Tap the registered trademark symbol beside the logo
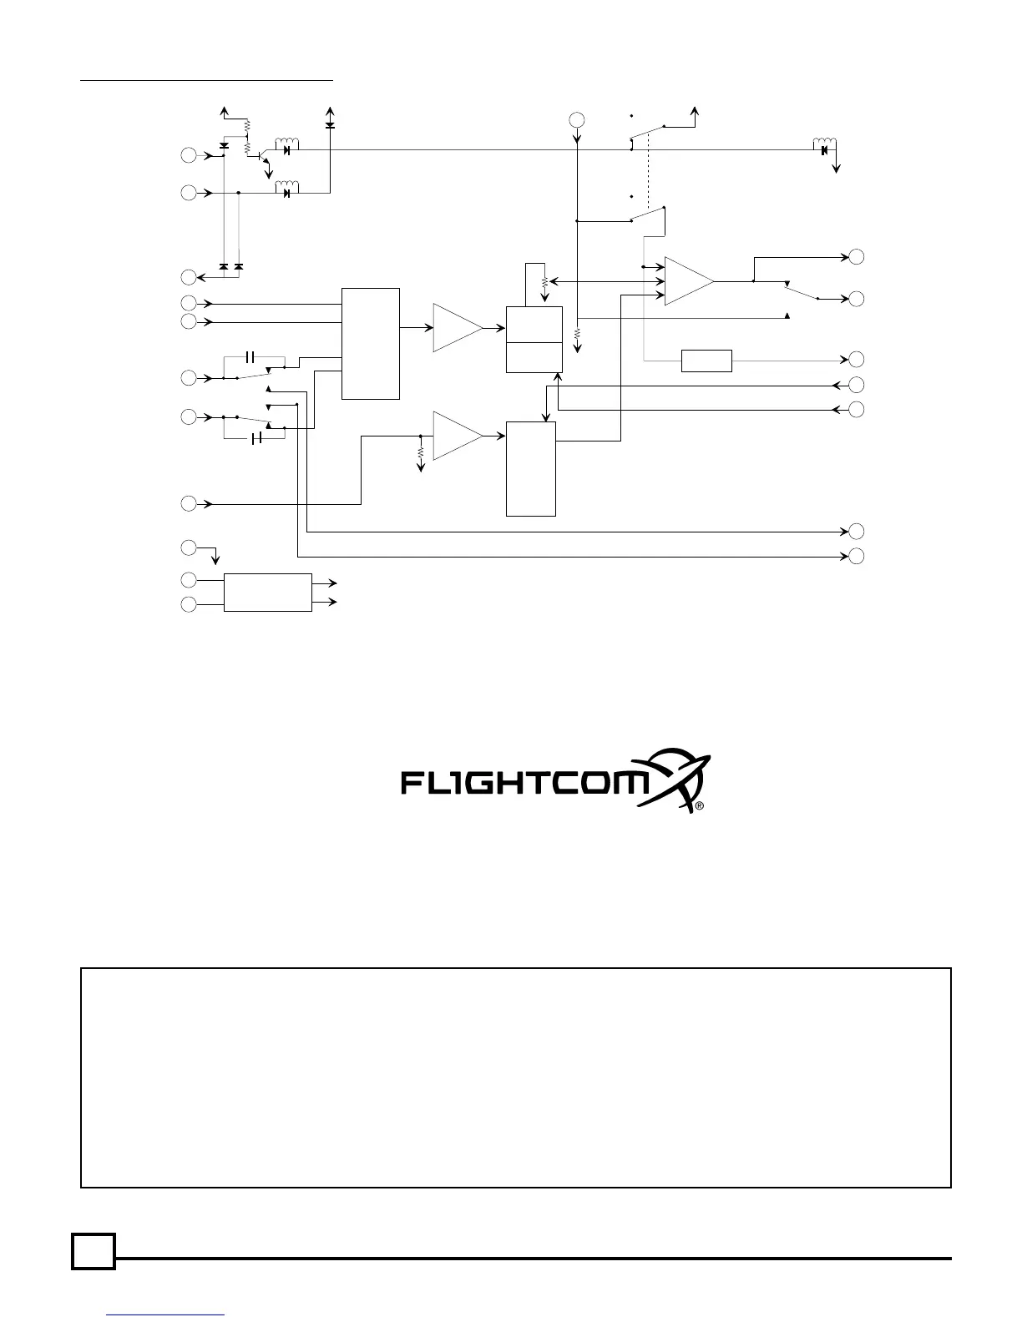[700, 807]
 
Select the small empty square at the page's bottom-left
[93, 1251]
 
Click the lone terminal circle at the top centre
[577, 119]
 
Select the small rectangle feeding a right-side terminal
[706, 361]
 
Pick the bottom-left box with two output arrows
[267, 593]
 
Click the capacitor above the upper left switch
[250, 357]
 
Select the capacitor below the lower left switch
[257, 438]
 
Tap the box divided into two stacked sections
[534, 339]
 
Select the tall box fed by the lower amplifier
[530, 469]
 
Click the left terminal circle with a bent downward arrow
[190, 547]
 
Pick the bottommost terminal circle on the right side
[857, 556]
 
